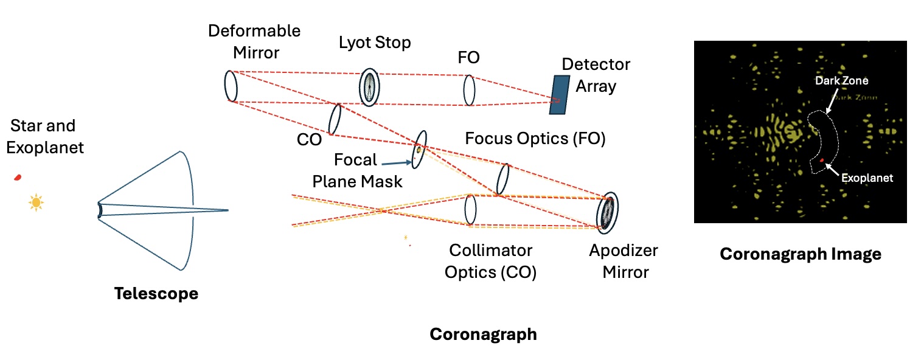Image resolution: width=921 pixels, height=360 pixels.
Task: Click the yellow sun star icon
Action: pos(36,202)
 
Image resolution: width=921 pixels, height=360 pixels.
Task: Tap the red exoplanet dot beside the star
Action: pos(18,177)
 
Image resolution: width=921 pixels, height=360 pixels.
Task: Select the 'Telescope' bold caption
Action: pos(156,294)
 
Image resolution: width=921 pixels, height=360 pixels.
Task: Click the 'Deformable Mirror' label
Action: pos(254,41)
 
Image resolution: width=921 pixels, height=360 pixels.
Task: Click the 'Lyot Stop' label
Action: pos(375,43)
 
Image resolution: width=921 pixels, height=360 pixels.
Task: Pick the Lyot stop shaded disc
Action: pos(369,87)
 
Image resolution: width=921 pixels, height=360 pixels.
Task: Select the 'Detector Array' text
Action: pos(596,75)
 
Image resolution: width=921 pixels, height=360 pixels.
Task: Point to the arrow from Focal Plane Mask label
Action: pos(398,162)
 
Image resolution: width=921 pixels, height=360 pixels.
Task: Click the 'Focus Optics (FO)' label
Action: pos(535,139)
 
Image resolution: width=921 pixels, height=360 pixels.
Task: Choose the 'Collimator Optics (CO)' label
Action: pos(490,261)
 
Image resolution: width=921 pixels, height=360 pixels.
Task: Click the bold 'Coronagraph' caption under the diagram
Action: pos(483,334)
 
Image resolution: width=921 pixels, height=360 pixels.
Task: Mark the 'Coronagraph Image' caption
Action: pos(801,254)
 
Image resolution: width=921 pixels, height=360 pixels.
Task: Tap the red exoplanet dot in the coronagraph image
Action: pos(822,161)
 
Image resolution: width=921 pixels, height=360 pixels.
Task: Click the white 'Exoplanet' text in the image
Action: pos(867,179)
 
